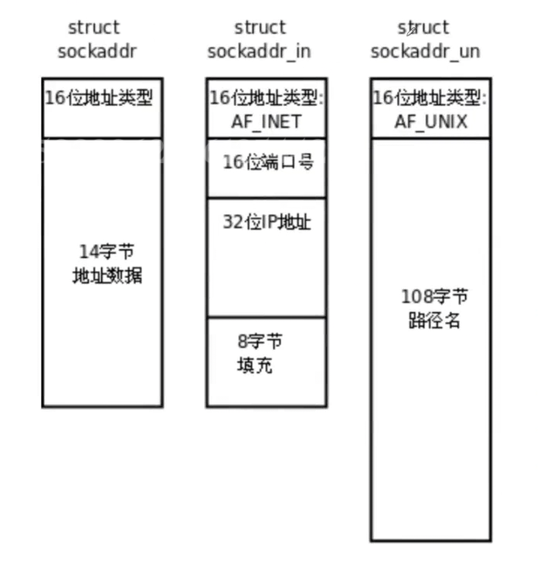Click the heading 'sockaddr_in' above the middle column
coord(260,51)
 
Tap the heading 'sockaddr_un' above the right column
coord(424,51)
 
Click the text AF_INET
coord(266,121)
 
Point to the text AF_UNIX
coord(430,121)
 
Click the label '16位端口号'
coord(268,162)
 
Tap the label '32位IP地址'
coord(267,222)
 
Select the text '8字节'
coord(260,341)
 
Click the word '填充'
coord(254,365)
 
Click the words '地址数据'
coord(107,275)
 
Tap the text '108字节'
coord(434,297)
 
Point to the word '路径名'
coord(434,320)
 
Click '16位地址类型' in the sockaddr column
coord(98,99)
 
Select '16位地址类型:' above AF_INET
coord(266,99)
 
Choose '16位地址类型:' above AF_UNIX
coord(430,99)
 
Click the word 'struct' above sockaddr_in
coord(260,28)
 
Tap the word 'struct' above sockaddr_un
coord(424,28)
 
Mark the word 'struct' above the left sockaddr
coord(93,28)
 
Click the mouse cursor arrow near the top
coord(412,29)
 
